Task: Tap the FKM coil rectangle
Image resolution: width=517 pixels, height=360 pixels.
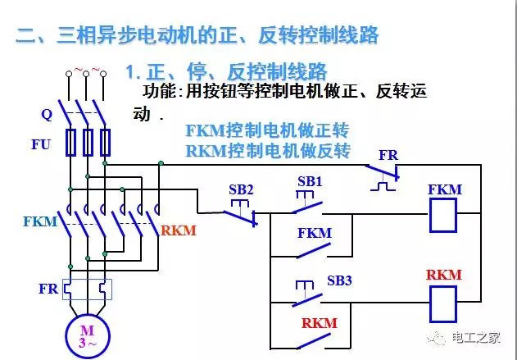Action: tap(443, 216)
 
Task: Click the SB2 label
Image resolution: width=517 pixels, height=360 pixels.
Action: tap(242, 189)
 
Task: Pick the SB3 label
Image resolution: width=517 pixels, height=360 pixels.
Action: tap(338, 280)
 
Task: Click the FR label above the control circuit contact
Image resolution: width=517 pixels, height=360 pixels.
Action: tap(388, 155)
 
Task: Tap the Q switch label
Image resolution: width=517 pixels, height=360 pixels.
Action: tap(46, 112)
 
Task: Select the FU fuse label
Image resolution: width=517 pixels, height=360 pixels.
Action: tap(41, 145)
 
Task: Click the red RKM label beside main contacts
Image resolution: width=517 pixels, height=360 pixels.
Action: tap(179, 230)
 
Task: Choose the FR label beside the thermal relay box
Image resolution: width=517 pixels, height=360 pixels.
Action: tap(48, 289)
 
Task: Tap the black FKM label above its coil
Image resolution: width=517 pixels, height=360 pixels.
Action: tap(444, 190)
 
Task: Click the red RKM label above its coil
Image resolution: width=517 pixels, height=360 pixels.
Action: tap(443, 275)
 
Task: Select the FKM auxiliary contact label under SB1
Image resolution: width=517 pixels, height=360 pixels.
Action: tap(314, 233)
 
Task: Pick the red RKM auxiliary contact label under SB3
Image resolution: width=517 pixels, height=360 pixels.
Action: tap(319, 323)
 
